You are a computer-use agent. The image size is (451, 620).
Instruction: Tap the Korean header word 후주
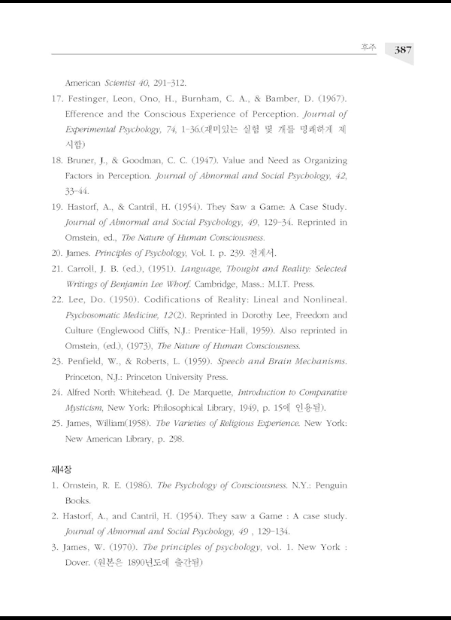pos(368,48)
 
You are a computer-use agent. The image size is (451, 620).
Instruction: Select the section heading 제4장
pos(61,468)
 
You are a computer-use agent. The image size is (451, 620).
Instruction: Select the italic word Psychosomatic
pos(95,315)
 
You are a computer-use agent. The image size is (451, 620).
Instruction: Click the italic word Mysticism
pos(85,408)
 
